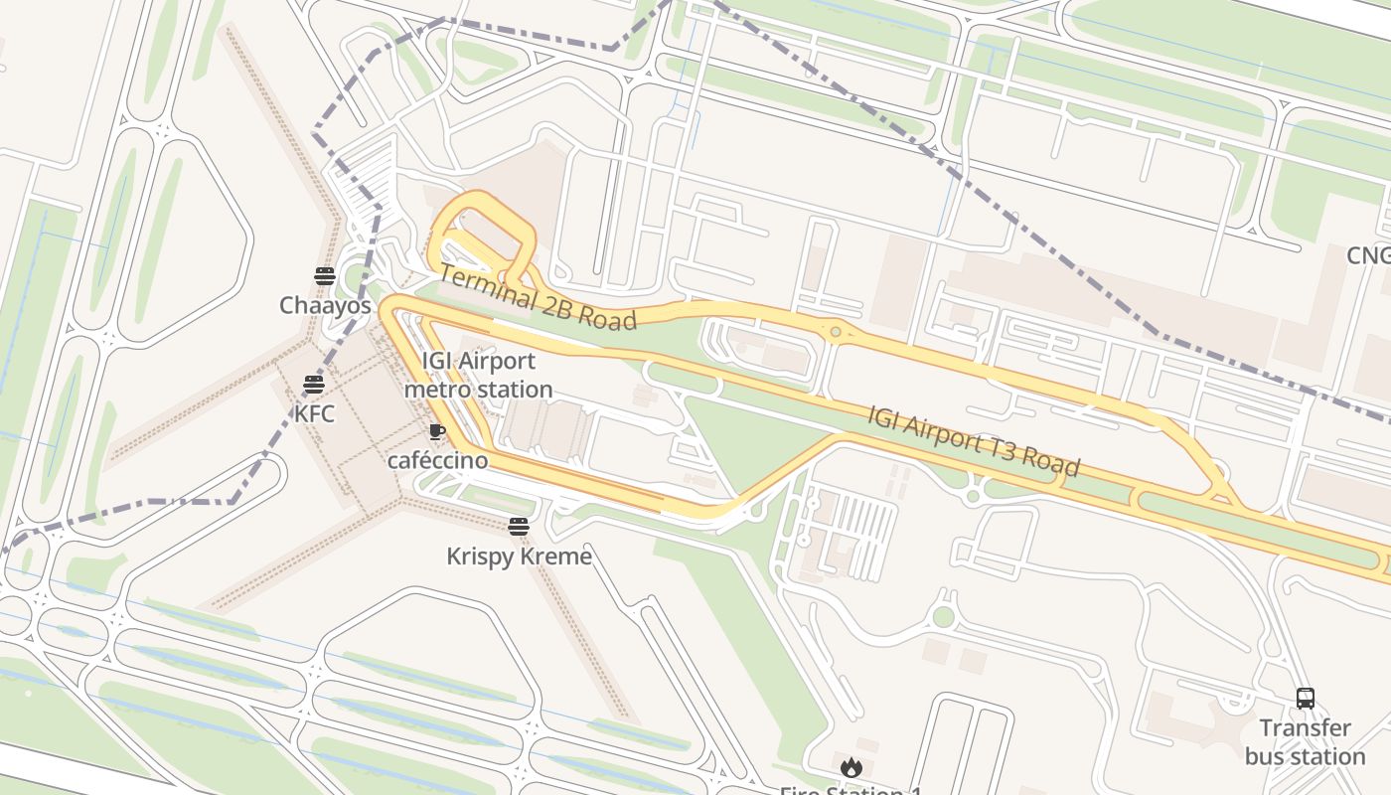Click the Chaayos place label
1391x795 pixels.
pos(325,305)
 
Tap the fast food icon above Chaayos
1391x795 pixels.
pos(325,276)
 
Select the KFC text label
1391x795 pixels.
pos(314,413)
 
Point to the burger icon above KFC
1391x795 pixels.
pos(314,385)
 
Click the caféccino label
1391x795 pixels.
pos(437,460)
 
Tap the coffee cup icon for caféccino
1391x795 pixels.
pos(436,431)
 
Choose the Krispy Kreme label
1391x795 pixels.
pos(519,556)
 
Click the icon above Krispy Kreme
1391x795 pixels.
pos(518,527)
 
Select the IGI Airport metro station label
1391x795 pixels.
pos(478,375)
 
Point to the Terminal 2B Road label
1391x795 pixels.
pos(537,297)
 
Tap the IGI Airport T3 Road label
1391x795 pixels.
pos(973,440)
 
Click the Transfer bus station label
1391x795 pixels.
pos(1305,742)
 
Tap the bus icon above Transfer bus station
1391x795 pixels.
pos(1305,699)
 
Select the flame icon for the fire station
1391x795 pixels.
pos(850,767)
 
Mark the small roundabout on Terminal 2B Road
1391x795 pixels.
pos(836,332)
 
